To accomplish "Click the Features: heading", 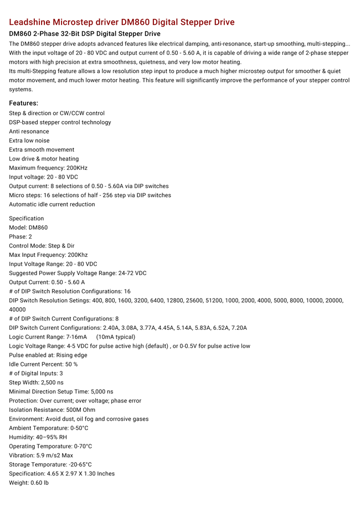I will [x=23, y=103].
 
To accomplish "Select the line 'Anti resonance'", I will [x=29, y=131].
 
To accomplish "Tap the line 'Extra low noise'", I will [x=29, y=141].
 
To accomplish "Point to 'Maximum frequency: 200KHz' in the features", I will [x=48, y=168].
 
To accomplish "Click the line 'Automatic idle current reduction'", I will [x=52, y=204].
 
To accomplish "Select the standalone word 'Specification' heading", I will [x=26, y=218].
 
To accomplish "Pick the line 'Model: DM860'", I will [x=28, y=227].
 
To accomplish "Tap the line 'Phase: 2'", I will [x=21, y=236].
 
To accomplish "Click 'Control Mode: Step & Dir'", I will [x=42, y=246].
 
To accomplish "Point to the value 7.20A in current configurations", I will [x=238, y=328].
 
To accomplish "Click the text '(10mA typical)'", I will [x=116, y=337].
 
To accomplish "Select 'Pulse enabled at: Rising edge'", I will [x=48, y=355].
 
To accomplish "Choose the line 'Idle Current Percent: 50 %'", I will [x=43, y=364].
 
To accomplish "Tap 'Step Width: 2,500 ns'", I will [x=36, y=382].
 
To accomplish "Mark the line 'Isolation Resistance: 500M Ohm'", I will [x=52, y=410].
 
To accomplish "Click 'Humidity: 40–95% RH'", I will [x=38, y=437].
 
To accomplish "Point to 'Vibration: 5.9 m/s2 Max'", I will [x=41, y=456].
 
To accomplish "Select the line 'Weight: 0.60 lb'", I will [x=29, y=483].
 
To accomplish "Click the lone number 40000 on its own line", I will [x=17, y=309].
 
